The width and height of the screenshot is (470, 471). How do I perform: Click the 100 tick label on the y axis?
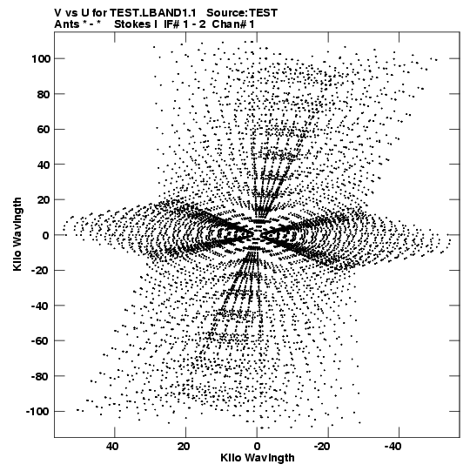click(x=41, y=59)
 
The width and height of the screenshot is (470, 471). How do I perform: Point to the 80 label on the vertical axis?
click(x=44, y=94)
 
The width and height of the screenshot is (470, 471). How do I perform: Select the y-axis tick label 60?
click(x=44, y=130)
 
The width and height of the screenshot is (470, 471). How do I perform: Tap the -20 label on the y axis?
click(x=40, y=271)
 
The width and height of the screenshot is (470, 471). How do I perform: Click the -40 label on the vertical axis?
click(x=40, y=306)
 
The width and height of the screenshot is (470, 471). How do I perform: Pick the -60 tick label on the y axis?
click(x=40, y=341)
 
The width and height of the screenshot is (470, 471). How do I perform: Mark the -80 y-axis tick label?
click(x=40, y=376)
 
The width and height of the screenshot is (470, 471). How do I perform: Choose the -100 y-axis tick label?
click(x=37, y=412)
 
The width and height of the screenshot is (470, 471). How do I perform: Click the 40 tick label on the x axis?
click(x=112, y=447)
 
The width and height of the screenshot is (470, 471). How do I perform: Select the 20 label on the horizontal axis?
click(x=184, y=447)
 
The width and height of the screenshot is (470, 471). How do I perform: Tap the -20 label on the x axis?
click(x=322, y=447)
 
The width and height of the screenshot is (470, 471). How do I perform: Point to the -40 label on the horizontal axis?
click(x=393, y=447)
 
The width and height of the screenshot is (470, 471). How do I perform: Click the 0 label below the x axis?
click(x=257, y=447)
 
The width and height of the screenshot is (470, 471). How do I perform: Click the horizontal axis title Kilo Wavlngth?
click(x=258, y=458)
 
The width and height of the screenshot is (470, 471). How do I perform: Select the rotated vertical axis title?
click(x=17, y=234)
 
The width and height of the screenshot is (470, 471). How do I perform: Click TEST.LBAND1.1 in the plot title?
click(x=153, y=13)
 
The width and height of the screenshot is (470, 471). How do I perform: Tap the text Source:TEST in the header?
click(x=242, y=13)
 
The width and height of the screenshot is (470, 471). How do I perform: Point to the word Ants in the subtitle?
click(x=67, y=24)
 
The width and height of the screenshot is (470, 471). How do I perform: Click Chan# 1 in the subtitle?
click(x=233, y=24)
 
